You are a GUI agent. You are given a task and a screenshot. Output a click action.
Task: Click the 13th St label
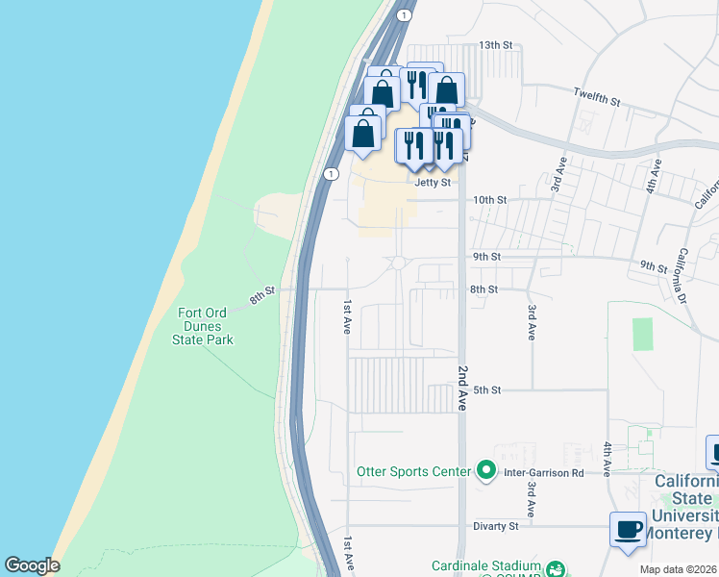pos(498,46)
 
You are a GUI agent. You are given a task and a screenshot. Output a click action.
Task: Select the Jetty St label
pos(433,182)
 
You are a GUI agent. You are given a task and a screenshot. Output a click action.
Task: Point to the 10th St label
pos(489,200)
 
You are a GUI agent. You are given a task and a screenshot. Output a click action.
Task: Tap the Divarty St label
pos(495,527)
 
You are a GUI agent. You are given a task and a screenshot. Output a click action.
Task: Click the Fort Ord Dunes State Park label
pos(203,326)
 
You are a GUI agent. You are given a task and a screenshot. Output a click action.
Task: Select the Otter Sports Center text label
pos(413,471)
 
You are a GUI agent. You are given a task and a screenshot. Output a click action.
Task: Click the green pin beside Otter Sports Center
pos(486,471)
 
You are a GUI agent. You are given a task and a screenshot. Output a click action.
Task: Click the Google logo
pos(32,565)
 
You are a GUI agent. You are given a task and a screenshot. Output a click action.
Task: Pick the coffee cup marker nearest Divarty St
pos(629,530)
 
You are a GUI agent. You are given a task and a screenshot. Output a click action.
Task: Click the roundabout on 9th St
pos(399,263)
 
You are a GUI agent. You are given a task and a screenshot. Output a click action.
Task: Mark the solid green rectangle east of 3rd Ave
pos(642,334)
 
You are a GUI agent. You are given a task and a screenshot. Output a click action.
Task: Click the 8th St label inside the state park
pos(263,295)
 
